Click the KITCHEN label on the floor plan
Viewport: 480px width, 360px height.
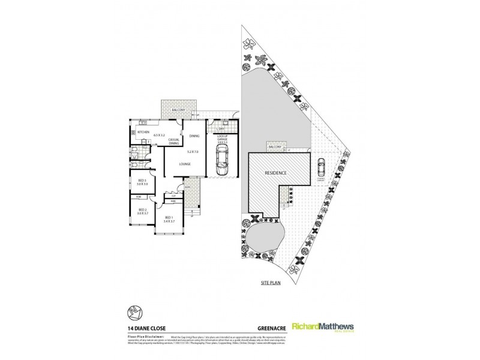[x=143, y=131]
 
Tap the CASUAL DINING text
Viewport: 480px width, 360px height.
[x=175, y=142]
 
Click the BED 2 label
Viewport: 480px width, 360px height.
[x=142, y=209]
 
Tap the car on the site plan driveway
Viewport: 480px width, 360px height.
[x=322, y=164]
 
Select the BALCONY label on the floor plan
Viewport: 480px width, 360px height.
[x=178, y=111]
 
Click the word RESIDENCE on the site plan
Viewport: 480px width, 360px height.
[x=275, y=173]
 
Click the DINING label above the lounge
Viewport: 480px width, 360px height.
[x=194, y=136]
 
